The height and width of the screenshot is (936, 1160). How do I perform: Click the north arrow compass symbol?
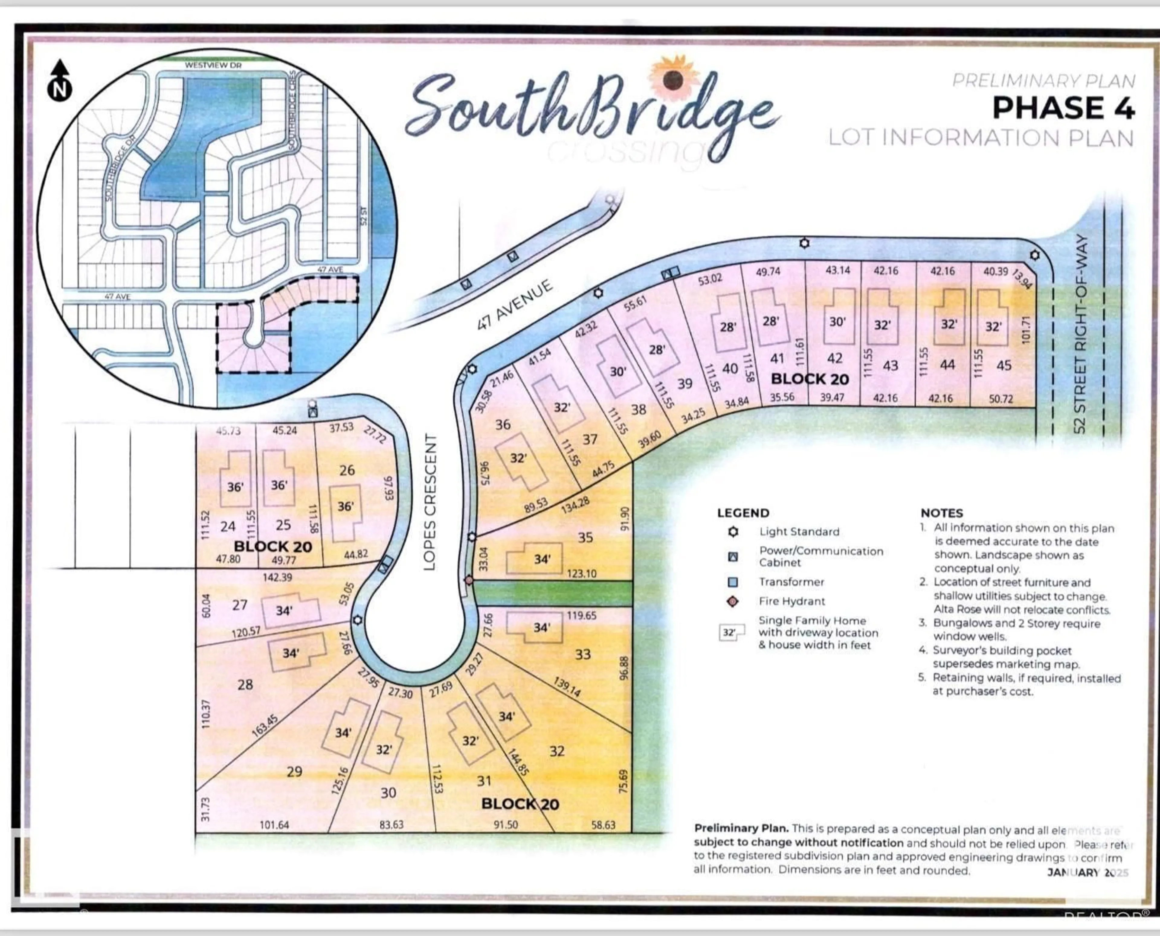pos(60,81)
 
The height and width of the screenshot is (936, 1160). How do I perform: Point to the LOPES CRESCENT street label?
pos(429,501)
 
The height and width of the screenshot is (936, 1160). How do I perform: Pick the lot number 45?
pos(1003,366)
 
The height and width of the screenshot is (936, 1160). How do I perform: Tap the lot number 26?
pos(347,470)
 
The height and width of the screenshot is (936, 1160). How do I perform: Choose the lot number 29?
pos(294,772)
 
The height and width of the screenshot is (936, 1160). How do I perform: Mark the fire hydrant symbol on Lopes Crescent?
pos(469,580)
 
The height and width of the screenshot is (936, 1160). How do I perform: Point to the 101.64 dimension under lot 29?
pos(274,824)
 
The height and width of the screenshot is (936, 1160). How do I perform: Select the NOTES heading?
pos(941,513)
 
